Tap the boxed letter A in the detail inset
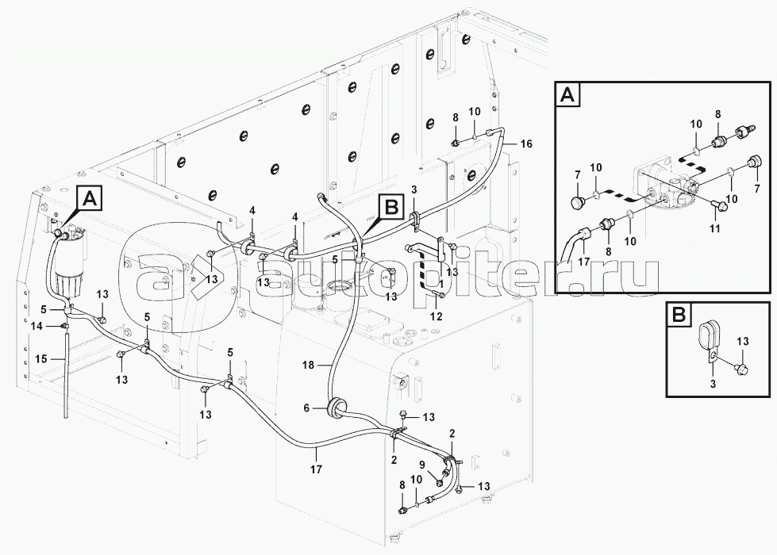pyautogui.click(x=567, y=96)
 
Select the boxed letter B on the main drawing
pyautogui.click(x=390, y=208)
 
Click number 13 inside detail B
pyautogui.click(x=741, y=342)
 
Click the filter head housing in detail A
pyautogui.click(x=667, y=189)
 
